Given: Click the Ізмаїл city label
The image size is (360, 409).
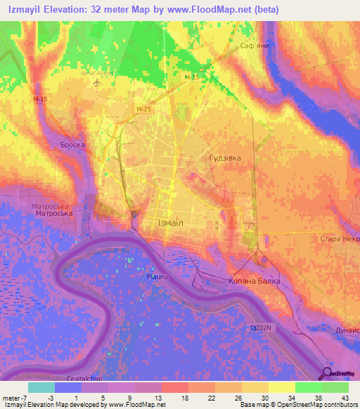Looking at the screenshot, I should pos(166,222).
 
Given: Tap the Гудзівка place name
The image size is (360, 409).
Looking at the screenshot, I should pos(225,158).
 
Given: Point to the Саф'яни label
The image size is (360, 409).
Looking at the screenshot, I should pos(255,45).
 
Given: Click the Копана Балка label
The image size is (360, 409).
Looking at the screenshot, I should pos(254,281).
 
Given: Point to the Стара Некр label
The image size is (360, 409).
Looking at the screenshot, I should pos(340,240).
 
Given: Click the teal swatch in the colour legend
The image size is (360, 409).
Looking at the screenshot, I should pos(41,387).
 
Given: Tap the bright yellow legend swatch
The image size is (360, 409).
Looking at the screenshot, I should pos(281,387).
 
